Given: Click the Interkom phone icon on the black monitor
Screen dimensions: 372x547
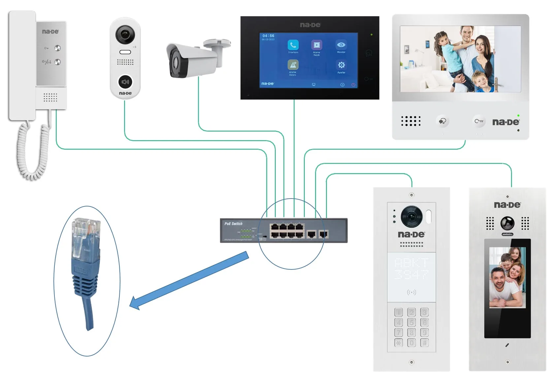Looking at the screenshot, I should pos(293,45).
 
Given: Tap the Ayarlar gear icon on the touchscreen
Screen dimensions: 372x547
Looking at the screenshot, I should pos(341,65).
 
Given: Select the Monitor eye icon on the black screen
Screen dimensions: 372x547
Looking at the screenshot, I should pos(341,45).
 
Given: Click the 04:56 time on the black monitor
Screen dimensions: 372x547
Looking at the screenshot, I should pos(268,36).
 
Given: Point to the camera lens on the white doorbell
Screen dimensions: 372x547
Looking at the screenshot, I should pos(125,34).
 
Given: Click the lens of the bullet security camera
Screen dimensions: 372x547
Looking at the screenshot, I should pos(175,63).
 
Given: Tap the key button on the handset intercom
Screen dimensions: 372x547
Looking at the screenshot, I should pos(57,48).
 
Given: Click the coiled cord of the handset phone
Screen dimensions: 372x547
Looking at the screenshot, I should pos(32,152).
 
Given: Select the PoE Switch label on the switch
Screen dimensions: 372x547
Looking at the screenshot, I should pos(233,224).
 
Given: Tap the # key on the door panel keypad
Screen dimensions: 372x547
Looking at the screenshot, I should pos(425,343).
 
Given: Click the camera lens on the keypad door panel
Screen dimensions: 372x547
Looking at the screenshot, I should pos(411,216).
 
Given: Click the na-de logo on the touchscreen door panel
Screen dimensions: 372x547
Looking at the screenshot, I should pos(507,205).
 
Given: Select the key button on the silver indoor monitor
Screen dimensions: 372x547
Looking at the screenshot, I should pos(479,121).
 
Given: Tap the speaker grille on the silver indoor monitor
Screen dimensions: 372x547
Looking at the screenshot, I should pos(411,121).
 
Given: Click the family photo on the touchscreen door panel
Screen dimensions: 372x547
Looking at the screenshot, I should pos(507,278).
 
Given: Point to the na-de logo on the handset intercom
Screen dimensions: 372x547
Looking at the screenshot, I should pos(50,32).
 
